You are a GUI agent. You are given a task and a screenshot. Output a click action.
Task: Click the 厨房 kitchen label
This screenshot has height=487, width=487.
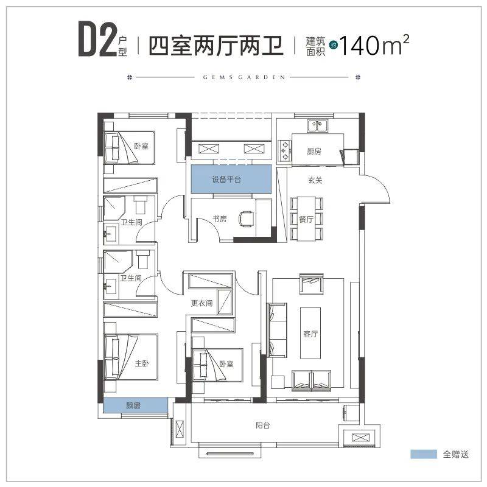pyautogui.click(x=314, y=151)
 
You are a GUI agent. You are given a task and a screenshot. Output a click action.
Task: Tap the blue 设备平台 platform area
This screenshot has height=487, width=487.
pyautogui.click(x=231, y=179)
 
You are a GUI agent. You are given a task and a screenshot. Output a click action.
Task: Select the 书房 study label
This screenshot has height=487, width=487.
pyautogui.click(x=220, y=219)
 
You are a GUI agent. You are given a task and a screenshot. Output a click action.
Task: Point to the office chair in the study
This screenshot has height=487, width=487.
pyautogui.click(x=247, y=219)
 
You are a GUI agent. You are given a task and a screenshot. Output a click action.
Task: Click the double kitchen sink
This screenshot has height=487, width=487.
pyautogui.click(x=318, y=126)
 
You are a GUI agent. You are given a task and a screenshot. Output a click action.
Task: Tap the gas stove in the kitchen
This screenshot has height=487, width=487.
pyautogui.click(x=284, y=150)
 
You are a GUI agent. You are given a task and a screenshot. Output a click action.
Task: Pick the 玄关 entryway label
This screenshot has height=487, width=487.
pyautogui.click(x=315, y=180)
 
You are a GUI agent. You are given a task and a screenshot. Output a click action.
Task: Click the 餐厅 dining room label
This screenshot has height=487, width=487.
pyautogui.click(x=306, y=219)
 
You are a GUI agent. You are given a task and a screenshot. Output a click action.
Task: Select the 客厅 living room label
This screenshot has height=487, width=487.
pyautogui.click(x=310, y=334)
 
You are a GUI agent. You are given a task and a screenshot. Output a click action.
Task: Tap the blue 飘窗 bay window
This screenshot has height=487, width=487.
pyautogui.click(x=135, y=405)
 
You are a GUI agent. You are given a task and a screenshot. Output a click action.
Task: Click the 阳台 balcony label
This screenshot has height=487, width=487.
pyautogui.click(x=263, y=425)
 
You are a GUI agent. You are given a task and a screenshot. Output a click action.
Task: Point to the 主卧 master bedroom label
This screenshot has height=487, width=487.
pyautogui.click(x=142, y=363)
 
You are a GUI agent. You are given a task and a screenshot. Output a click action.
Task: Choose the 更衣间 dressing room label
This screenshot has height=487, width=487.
pyautogui.click(x=201, y=303)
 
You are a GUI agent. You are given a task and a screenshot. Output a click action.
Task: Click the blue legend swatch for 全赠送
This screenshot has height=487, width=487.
pyautogui.click(x=424, y=454)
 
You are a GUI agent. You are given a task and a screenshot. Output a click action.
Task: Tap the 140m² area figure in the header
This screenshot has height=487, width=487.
pyautogui.click(x=374, y=44)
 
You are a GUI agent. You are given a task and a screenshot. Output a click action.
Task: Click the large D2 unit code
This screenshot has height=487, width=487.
pyautogui.click(x=97, y=38)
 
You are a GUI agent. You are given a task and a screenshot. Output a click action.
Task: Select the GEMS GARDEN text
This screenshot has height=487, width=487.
pyautogui.click(x=244, y=77)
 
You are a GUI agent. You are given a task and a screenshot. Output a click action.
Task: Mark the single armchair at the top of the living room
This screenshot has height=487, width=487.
pyautogui.click(x=312, y=284)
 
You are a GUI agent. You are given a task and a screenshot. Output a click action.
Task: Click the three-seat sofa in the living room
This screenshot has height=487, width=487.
pyautogui.click(x=277, y=330)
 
